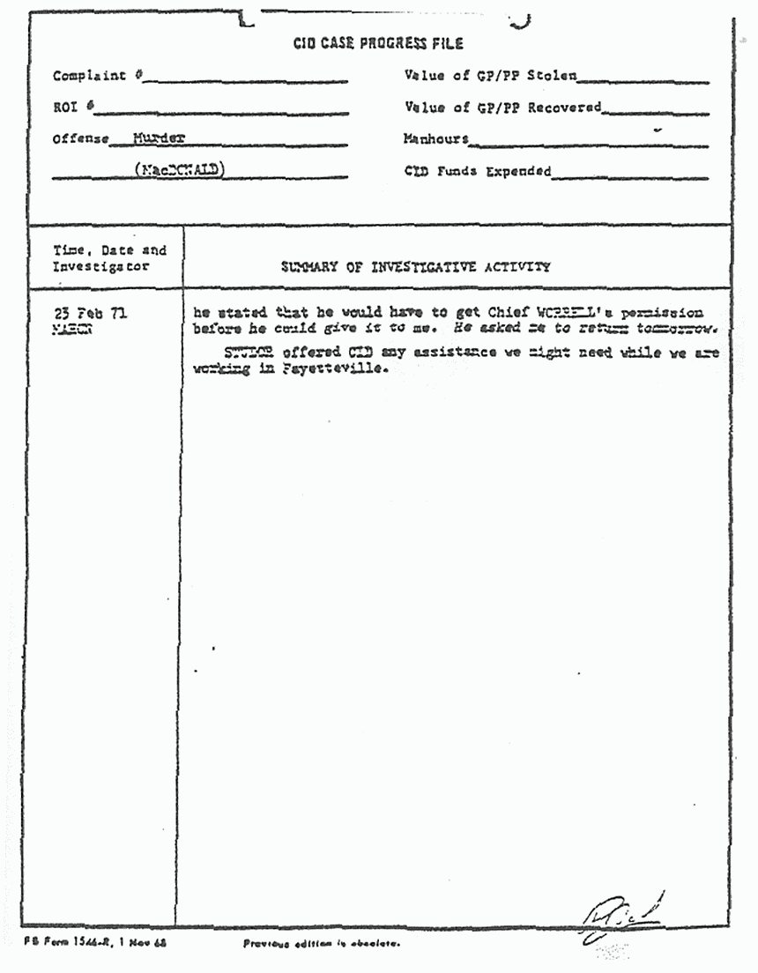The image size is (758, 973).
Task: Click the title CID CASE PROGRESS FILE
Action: [378, 43]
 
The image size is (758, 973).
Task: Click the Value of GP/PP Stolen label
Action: [490, 76]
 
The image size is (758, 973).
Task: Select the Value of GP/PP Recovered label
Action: [502, 108]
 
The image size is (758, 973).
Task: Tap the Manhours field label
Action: [435, 139]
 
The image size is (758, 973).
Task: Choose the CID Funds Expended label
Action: [477, 171]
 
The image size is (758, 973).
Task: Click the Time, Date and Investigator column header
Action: [108, 258]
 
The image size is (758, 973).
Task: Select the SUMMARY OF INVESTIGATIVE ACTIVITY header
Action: [415, 266]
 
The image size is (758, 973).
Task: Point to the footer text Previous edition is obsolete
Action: [322, 944]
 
